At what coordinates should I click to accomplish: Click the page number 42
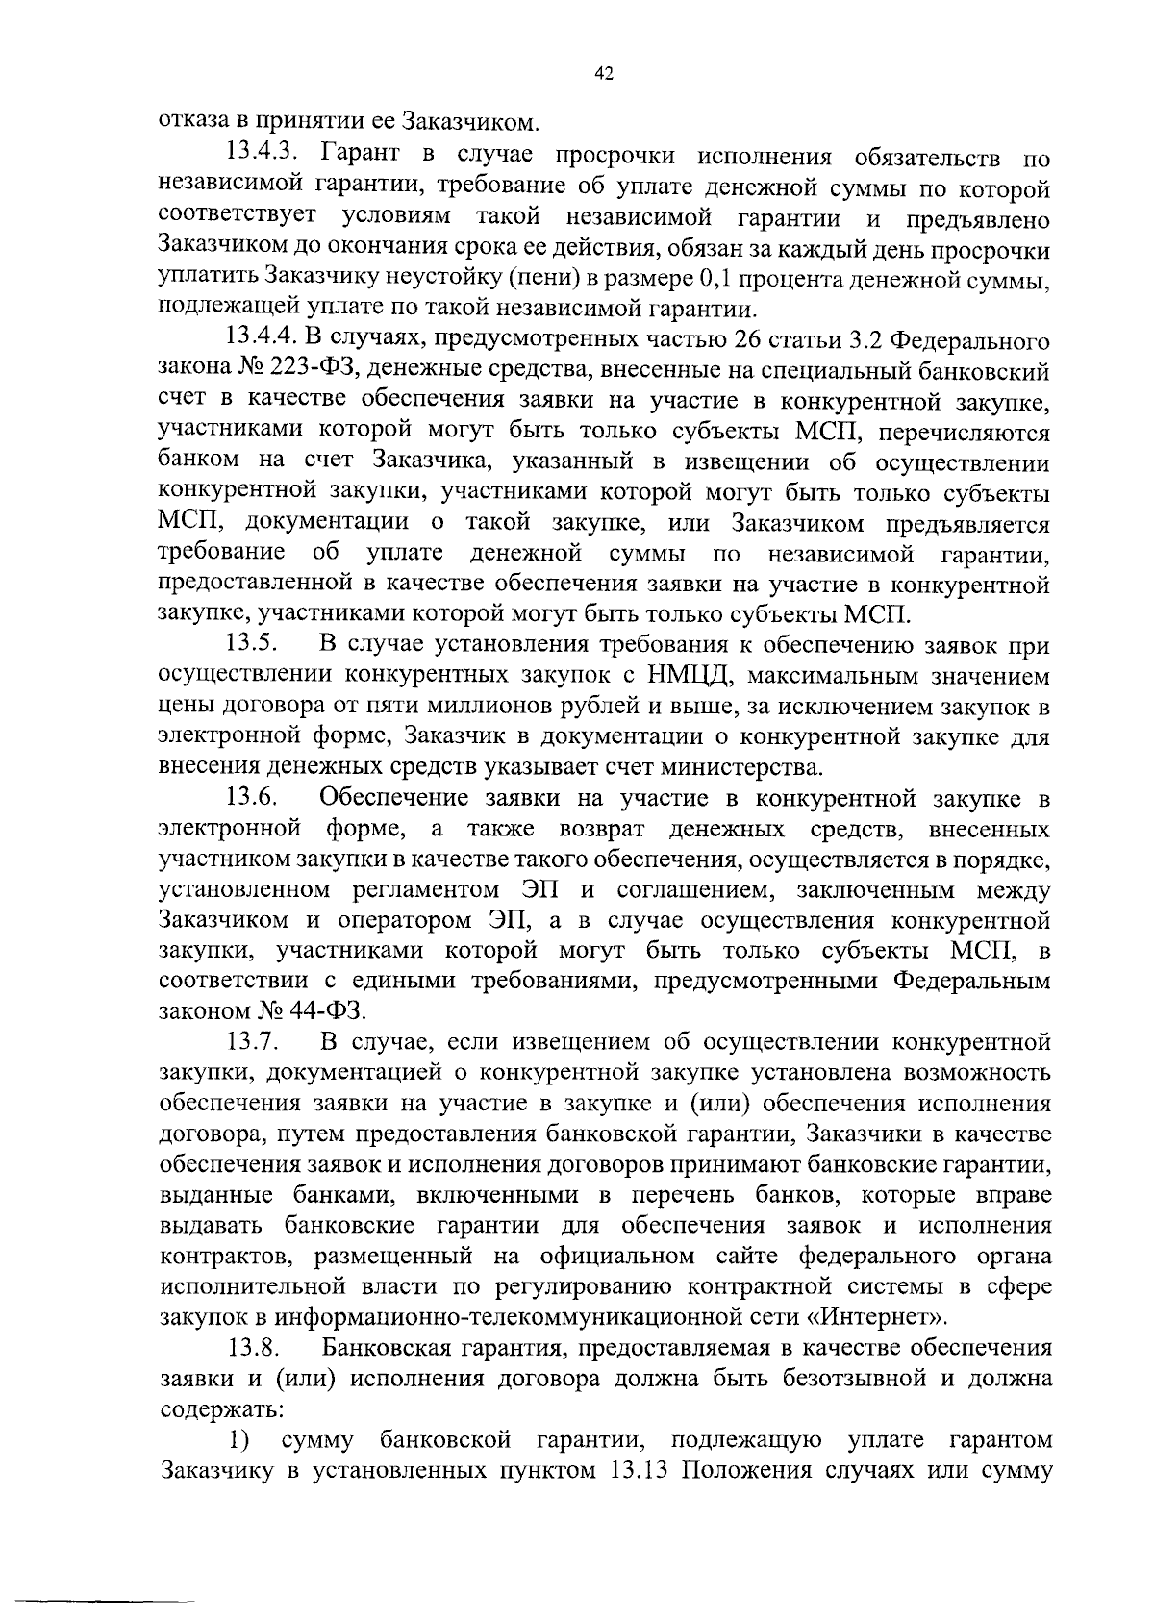(x=604, y=75)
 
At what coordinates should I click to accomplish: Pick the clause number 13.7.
(x=253, y=1042)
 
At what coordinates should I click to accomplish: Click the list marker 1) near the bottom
(x=239, y=1440)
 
